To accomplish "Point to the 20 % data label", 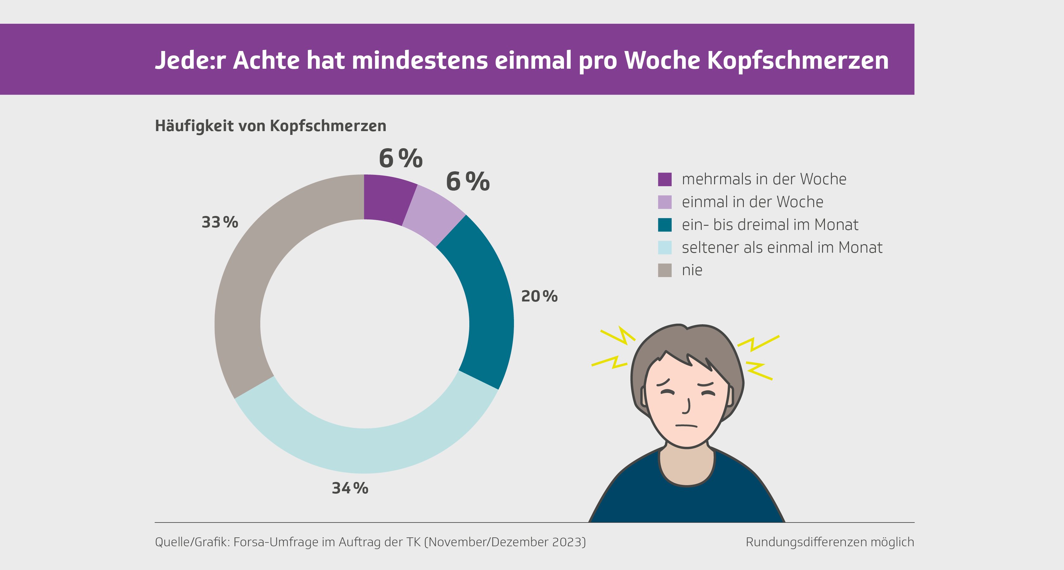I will tap(539, 296).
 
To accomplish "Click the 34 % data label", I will tap(350, 488).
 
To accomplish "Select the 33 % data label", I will tap(220, 222).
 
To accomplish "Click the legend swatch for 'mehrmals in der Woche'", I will tap(665, 179).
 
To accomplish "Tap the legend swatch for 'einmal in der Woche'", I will tap(665, 202).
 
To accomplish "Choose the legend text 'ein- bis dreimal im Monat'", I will tap(770, 225).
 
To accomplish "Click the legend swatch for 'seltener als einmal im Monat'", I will tap(665, 247).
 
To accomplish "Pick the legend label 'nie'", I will tap(692, 270).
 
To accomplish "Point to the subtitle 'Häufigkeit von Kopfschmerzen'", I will tap(270, 126).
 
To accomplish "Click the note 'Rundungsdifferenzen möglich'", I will tap(829, 542).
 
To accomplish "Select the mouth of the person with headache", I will tap(686, 425).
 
